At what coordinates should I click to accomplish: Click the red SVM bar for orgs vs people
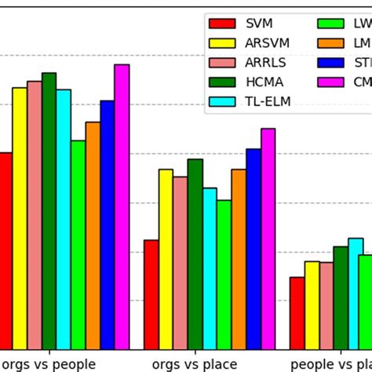tap(5, 251)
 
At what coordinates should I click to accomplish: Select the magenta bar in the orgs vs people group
tap(122, 207)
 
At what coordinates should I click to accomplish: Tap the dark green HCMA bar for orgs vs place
tap(195, 254)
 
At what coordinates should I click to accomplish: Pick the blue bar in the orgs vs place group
tap(253, 250)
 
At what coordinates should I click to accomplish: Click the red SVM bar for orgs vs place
tap(151, 295)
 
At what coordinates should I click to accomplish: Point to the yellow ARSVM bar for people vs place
tap(312, 305)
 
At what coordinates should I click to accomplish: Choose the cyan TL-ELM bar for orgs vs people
tap(64, 220)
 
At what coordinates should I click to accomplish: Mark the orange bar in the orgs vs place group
tap(239, 260)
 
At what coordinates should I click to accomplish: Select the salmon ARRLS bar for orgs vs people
tap(35, 215)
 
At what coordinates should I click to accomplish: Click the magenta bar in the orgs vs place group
tap(268, 239)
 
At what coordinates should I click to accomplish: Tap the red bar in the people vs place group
tap(297, 313)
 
